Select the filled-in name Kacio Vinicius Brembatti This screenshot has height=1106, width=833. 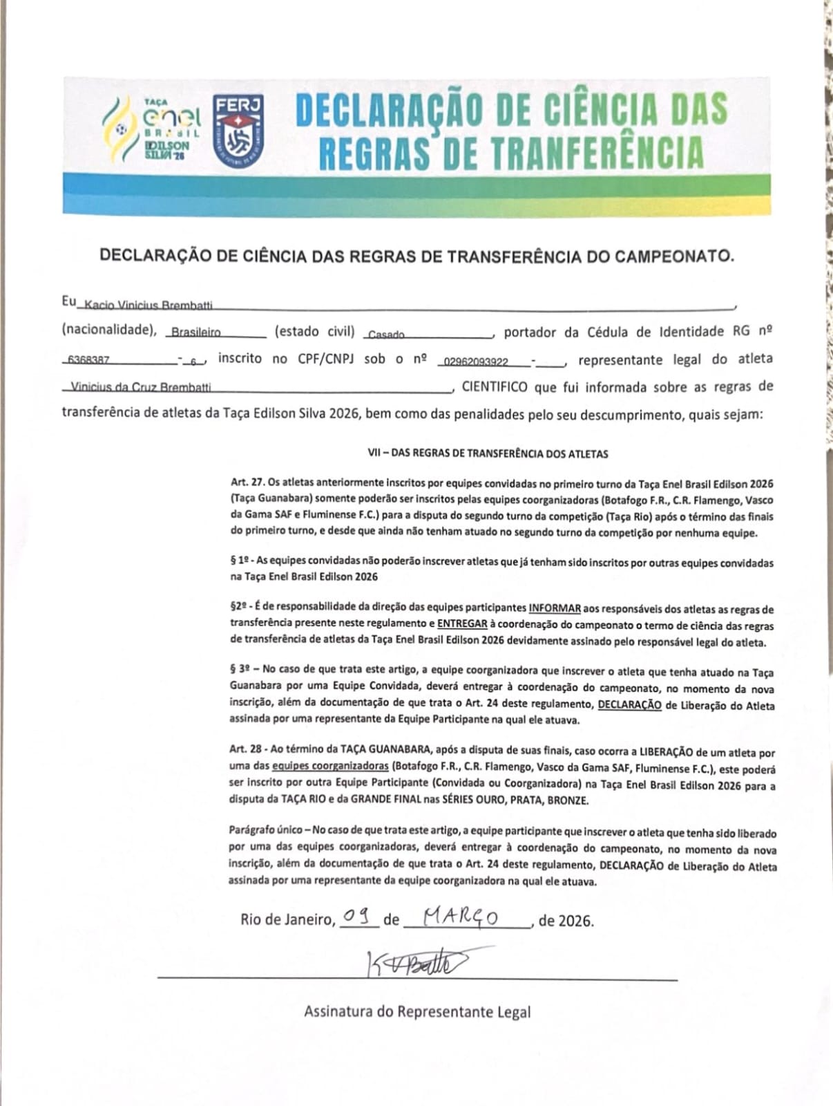148,305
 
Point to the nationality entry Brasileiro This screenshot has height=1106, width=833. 196,332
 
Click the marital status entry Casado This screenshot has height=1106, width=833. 386,335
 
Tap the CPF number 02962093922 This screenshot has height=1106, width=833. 476,362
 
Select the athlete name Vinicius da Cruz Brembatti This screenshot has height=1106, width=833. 142,388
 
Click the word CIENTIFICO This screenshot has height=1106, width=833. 495,387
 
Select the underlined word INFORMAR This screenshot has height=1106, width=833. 555,609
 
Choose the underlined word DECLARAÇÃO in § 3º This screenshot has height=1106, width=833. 629,706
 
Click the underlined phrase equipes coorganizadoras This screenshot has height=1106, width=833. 330,767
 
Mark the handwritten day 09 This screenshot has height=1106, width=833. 358,917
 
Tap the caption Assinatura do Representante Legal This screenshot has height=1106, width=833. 417,1012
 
